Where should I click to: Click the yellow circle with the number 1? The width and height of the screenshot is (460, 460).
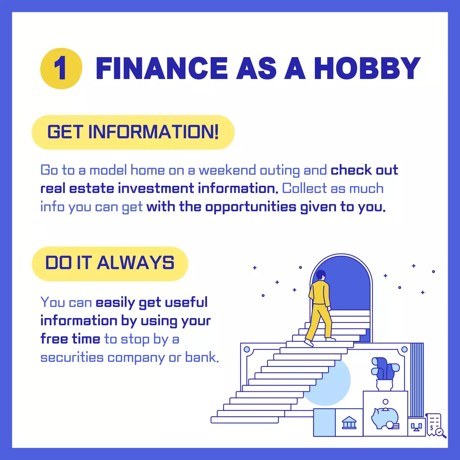pos(61,68)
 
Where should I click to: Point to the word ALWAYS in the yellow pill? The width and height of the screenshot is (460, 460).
pos(135,263)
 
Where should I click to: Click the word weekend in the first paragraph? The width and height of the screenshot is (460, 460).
pos(227,170)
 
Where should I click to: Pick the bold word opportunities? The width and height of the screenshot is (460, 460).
pos(250,207)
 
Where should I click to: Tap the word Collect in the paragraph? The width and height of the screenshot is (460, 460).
pos(304,188)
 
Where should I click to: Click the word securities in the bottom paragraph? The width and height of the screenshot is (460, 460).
pos(72,358)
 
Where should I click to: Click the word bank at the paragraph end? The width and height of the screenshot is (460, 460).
pos(201,358)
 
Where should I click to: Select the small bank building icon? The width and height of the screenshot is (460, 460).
pos(349,423)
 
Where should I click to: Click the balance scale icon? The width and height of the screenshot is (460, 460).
pos(417,427)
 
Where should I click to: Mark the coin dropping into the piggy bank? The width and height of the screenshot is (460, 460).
pos(386,402)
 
